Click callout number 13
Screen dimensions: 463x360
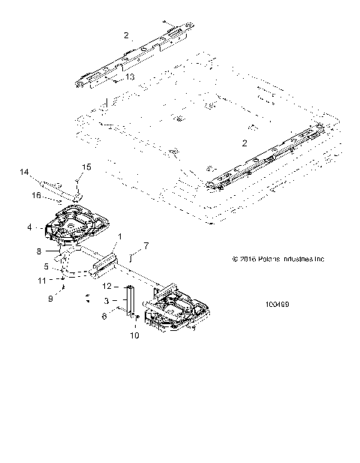130,77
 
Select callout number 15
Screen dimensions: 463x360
85,167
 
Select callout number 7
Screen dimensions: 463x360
146,245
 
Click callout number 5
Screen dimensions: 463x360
46,265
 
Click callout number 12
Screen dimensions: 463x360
106,287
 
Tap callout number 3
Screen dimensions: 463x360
106,300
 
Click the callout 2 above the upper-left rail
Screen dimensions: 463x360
127,35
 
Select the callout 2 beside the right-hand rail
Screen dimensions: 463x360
244,142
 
